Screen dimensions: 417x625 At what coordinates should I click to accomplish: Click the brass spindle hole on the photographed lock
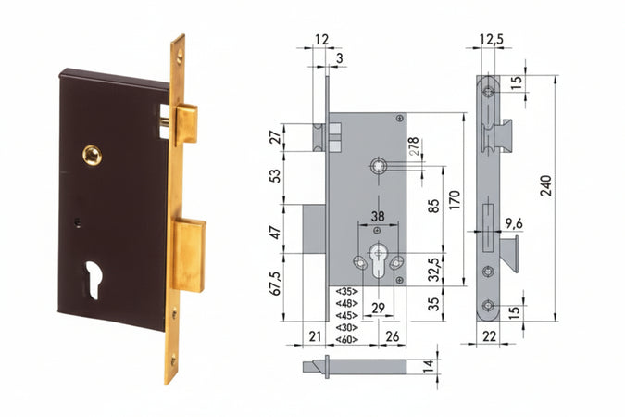pyautogui.click(x=92, y=155)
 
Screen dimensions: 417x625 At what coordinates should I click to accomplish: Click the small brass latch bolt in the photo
pyautogui.click(x=185, y=124)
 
